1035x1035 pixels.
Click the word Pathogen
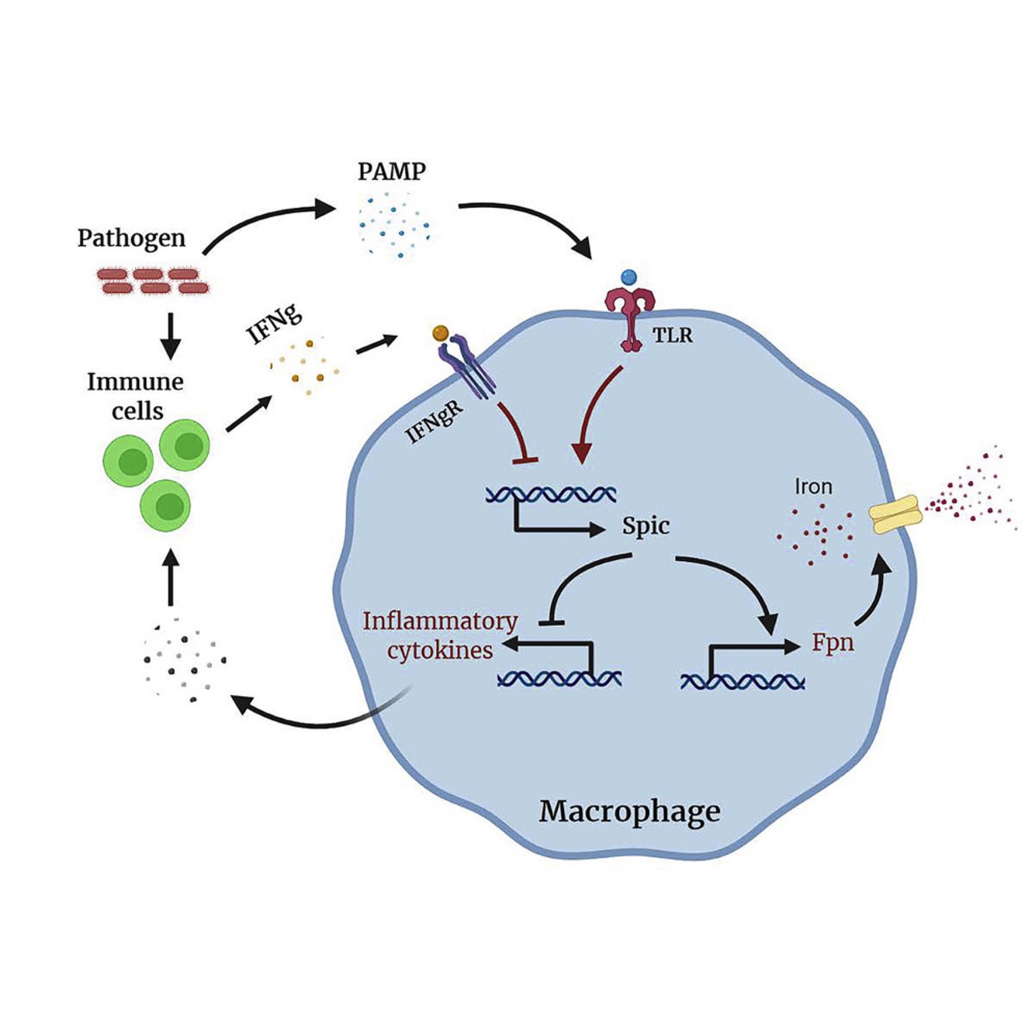(x=131, y=238)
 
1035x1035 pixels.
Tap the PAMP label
(x=391, y=171)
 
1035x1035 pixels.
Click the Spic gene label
(x=646, y=526)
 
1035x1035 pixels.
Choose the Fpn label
(x=832, y=643)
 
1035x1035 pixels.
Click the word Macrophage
(x=629, y=812)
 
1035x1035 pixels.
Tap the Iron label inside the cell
(x=813, y=487)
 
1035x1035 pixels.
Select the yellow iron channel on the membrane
(x=894, y=515)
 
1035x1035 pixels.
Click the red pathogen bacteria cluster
(x=153, y=281)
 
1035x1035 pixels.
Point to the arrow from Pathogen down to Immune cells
(x=170, y=334)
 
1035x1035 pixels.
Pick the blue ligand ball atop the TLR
(x=629, y=277)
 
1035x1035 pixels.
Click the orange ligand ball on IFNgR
(x=441, y=333)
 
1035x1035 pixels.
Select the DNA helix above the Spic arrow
(x=551, y=494)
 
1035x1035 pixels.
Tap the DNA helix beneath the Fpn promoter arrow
(x=742, y=682)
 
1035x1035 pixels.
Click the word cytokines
(x=440, y=650)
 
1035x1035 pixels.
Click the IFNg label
(x=274, y=324)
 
